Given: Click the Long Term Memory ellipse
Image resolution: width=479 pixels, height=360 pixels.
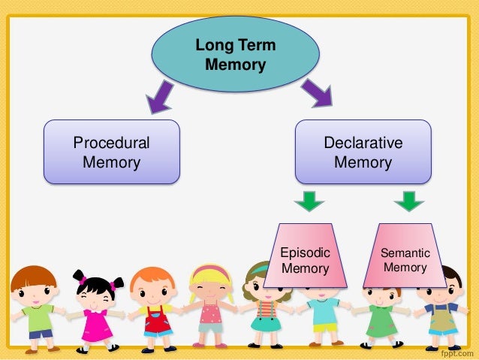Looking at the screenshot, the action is (235, 54).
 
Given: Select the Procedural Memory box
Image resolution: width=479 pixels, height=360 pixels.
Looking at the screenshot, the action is (111, 152).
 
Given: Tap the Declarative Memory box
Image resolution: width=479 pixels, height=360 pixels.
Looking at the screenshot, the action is (363, 152).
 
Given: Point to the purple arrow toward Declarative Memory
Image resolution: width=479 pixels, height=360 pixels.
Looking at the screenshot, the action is (315, 93).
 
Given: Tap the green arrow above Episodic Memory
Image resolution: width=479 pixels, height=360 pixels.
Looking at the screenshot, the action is (309, 201).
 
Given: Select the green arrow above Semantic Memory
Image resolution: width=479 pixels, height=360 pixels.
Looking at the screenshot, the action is (409, 201).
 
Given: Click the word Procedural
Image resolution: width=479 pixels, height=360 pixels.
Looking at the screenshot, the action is (111, 143).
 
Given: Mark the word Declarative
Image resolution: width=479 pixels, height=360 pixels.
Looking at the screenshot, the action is (363, 143).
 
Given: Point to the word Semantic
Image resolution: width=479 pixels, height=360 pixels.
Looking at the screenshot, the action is (405, 253).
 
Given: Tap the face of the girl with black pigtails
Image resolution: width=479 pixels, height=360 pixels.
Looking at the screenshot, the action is (95, 289).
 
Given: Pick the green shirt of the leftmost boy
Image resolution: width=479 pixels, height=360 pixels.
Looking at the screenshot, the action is (38, 316).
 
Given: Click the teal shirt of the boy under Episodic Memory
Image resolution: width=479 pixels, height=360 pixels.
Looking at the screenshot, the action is (324, 310).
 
